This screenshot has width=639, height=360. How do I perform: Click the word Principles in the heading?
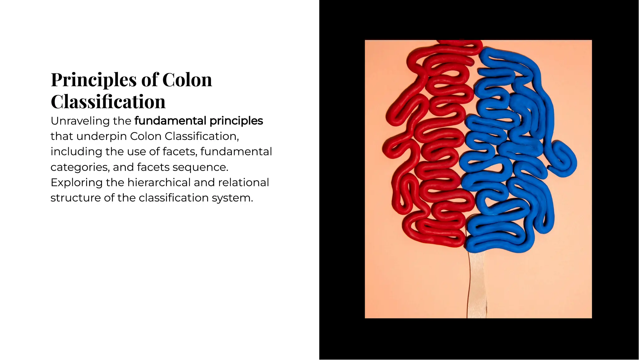94,80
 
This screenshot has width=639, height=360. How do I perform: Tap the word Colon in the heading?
187,80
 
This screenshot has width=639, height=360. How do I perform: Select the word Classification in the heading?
108,102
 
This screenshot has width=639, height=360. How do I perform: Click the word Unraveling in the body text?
80,121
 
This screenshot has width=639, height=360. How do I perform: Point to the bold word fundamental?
170,121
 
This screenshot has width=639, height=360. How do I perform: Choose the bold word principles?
236,121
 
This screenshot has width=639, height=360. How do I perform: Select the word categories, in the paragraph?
80,167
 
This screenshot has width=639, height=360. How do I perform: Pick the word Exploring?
76,183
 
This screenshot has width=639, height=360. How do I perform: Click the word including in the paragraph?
76,152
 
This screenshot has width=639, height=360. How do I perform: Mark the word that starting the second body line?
61,136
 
